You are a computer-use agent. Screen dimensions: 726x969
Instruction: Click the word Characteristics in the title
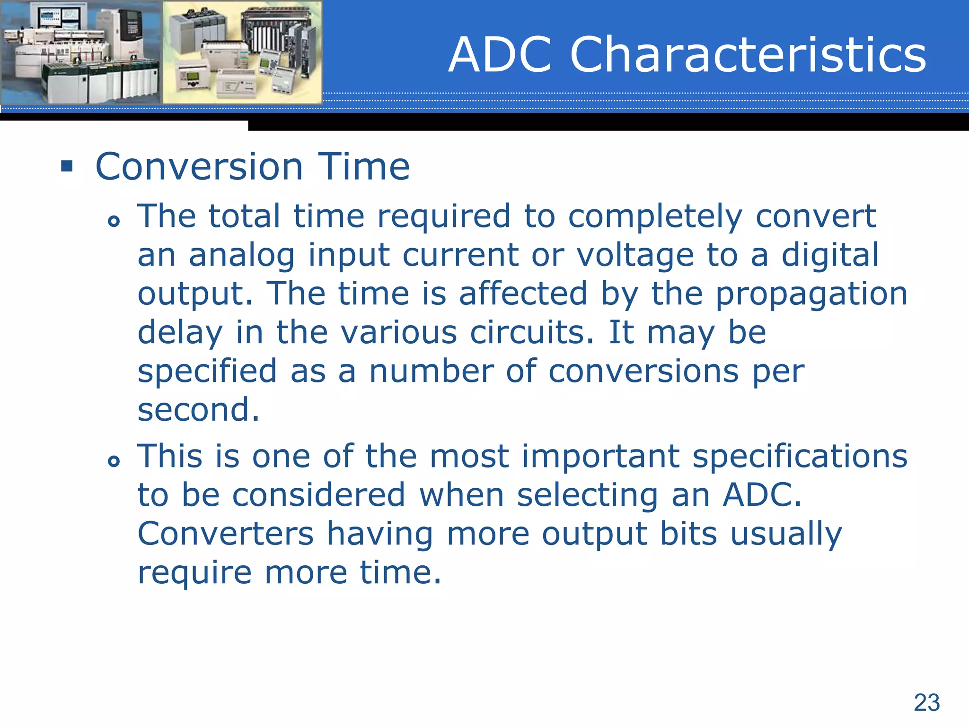pyautogui.click(x=748, y=55)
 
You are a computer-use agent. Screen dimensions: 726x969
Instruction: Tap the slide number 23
pyautogui.click(x=926, y=702)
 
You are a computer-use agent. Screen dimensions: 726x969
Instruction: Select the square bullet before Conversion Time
pyautogui.click(x=67, y=166)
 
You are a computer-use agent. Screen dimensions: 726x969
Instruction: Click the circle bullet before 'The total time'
pyautogui.click(x=114, y=221)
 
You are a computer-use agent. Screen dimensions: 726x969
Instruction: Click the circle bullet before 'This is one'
pyautogui.click(x=114, y=461)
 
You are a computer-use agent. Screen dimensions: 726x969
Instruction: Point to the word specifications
pyautogui.click(x=800, y=458)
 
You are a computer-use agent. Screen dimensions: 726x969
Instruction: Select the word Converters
pyautogui.click(x=225, y=534)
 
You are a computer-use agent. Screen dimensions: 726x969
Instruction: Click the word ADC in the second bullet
pyautogui.click(x=761, y=495)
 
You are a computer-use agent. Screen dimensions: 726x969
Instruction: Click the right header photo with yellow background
pyautogui.click(x=242, y=52)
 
